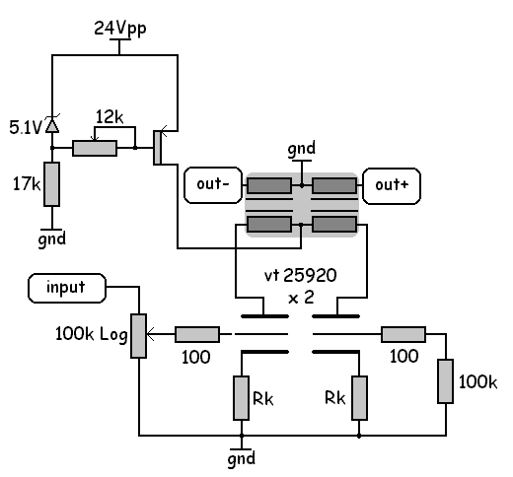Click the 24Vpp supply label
pyautogui.click(x=120, y=29)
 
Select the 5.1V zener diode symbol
pyautogui.click(x=52, y=124)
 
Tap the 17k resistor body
pyautogui.click(x=52, y=184)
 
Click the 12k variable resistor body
pyautogui.click(x=95, y=148)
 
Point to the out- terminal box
pyautogui.click(x=213, y=185)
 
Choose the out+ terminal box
pyautogui.click(x=392, y=186)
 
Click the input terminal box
pyautogui.click(x=67, y=288)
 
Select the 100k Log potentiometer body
pyautogui.click(x=139, y=336)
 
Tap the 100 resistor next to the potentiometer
pyautogui.click(x=197, y=334)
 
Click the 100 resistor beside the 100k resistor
pyautogui.click(x=403, y=334)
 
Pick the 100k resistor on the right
pyautogui.click(x=446, y=381)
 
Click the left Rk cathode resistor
pyautogui.click(x=241, y=398)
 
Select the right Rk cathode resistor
pyautogui.click(x=359, y=398)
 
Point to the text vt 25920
pyautogui.click(x=301, y=275)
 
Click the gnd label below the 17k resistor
pyautogui.click(x=52, y=239)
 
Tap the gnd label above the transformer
pyautogui.click(x=302, y=149)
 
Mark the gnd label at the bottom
pyautogui.click(x=242, y=458)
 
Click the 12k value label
pyautogui.click(x=110, y=117)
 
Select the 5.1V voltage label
pyautogui.click(x=26, y=128)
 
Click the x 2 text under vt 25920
pyautogui.click(x=301, y=298)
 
